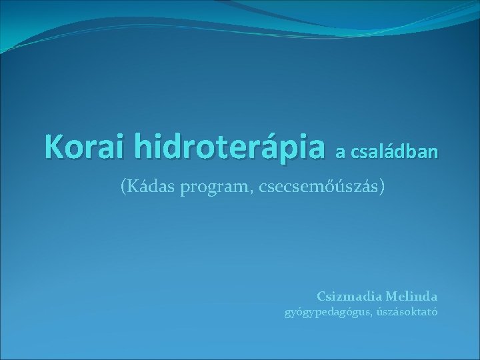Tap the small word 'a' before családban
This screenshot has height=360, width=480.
point(340,153)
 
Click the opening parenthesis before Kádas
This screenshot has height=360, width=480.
point(123,188)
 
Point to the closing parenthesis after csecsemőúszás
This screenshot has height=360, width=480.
point(382,188)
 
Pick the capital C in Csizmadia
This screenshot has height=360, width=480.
point(321,295)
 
